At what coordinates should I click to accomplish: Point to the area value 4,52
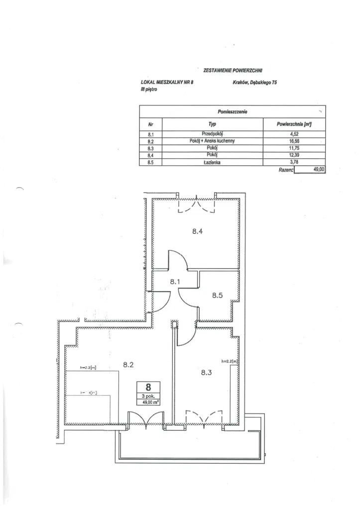(293, 134)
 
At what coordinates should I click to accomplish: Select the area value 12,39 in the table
(293, 155)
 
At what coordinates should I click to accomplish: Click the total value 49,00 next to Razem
(318, 170)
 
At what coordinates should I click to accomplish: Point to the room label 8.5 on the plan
(218, 295)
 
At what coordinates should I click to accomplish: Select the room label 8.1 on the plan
(175, 282)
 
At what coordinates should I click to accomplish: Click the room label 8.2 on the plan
(128, 365)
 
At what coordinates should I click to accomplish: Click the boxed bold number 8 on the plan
(148, 386)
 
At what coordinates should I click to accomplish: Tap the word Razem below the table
(285, 170)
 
